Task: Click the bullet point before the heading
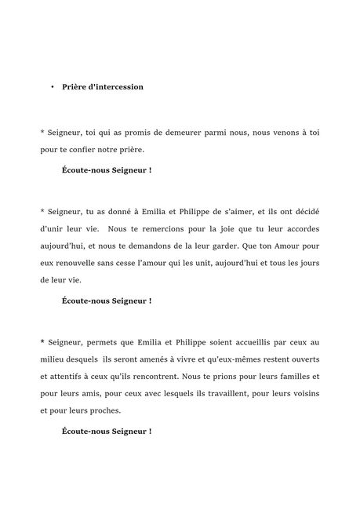pyautogui.click(x=52, y=87)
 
